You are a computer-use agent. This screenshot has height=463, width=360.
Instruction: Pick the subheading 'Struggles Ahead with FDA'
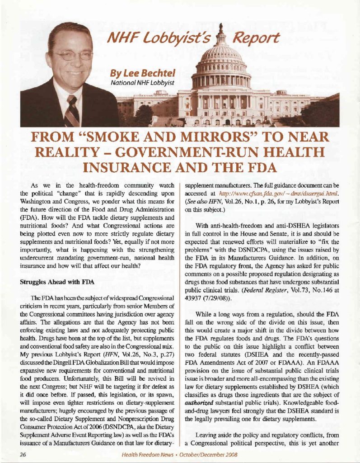point(56,282)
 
